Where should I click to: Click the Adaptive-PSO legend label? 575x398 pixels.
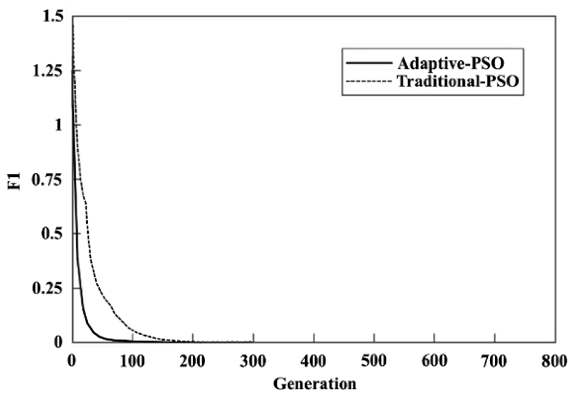tap(451, 63)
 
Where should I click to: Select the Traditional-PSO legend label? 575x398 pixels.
tap(458, 81)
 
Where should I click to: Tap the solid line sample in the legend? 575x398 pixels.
tap(369, 63)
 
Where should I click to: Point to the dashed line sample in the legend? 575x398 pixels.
tap(369, 81)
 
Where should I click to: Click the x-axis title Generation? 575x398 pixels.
tap(315, 384)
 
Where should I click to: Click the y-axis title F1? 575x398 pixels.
tap(14, 181)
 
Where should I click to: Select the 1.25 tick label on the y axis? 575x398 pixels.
tap(47, 71)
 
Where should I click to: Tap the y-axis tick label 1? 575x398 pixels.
tap(59, 125)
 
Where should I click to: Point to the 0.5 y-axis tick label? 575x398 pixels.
tap(52, 234)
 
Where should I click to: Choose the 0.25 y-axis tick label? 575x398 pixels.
tap(47, 288)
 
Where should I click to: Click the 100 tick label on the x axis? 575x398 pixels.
tap(132, 361)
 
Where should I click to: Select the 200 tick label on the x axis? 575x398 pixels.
tap(192, 361)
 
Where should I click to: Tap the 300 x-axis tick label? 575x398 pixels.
tap(253, 361)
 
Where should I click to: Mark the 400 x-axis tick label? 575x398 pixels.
tap(313, 361)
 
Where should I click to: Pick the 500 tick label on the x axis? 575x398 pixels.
tap(374, 361)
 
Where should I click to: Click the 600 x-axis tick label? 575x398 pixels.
tap(434, 361)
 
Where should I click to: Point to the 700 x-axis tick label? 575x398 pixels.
tap(494, 361)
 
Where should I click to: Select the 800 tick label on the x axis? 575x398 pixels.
tap(555, 361)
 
